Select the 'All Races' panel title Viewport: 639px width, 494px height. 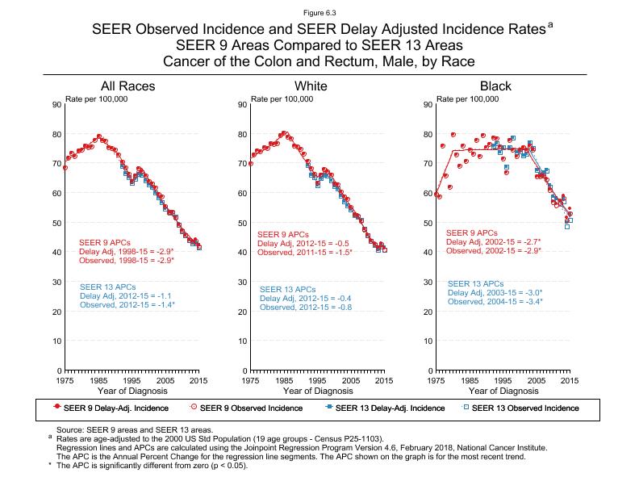127,86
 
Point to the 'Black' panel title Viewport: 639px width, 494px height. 495,86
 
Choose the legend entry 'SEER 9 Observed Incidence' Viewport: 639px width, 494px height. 251,408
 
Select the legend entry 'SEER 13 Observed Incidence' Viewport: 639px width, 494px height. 524,408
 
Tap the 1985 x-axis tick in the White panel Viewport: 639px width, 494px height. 284,379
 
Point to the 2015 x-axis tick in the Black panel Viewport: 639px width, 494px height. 570,379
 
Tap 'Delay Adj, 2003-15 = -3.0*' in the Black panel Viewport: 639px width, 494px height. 495,292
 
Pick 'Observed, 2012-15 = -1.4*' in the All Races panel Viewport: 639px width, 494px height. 127,304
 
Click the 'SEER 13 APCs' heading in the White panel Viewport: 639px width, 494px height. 286,289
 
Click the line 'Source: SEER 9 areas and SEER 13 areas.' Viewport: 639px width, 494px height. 134,431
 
